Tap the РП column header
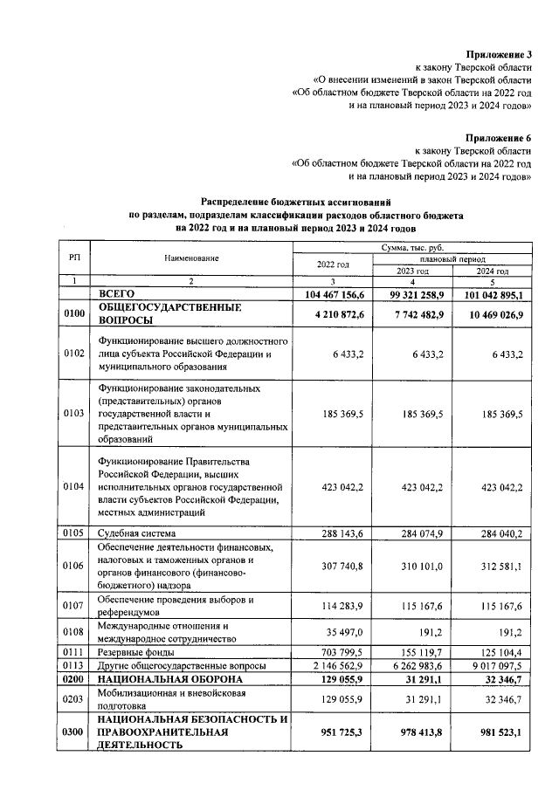(x=74, y=258)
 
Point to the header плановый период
(x=452, y=259)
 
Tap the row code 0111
(x=74, y=652)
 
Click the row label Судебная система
(x=137, y=532)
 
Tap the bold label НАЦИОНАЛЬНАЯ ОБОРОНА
(x=165, y=678)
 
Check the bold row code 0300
(x=74, y=732)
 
